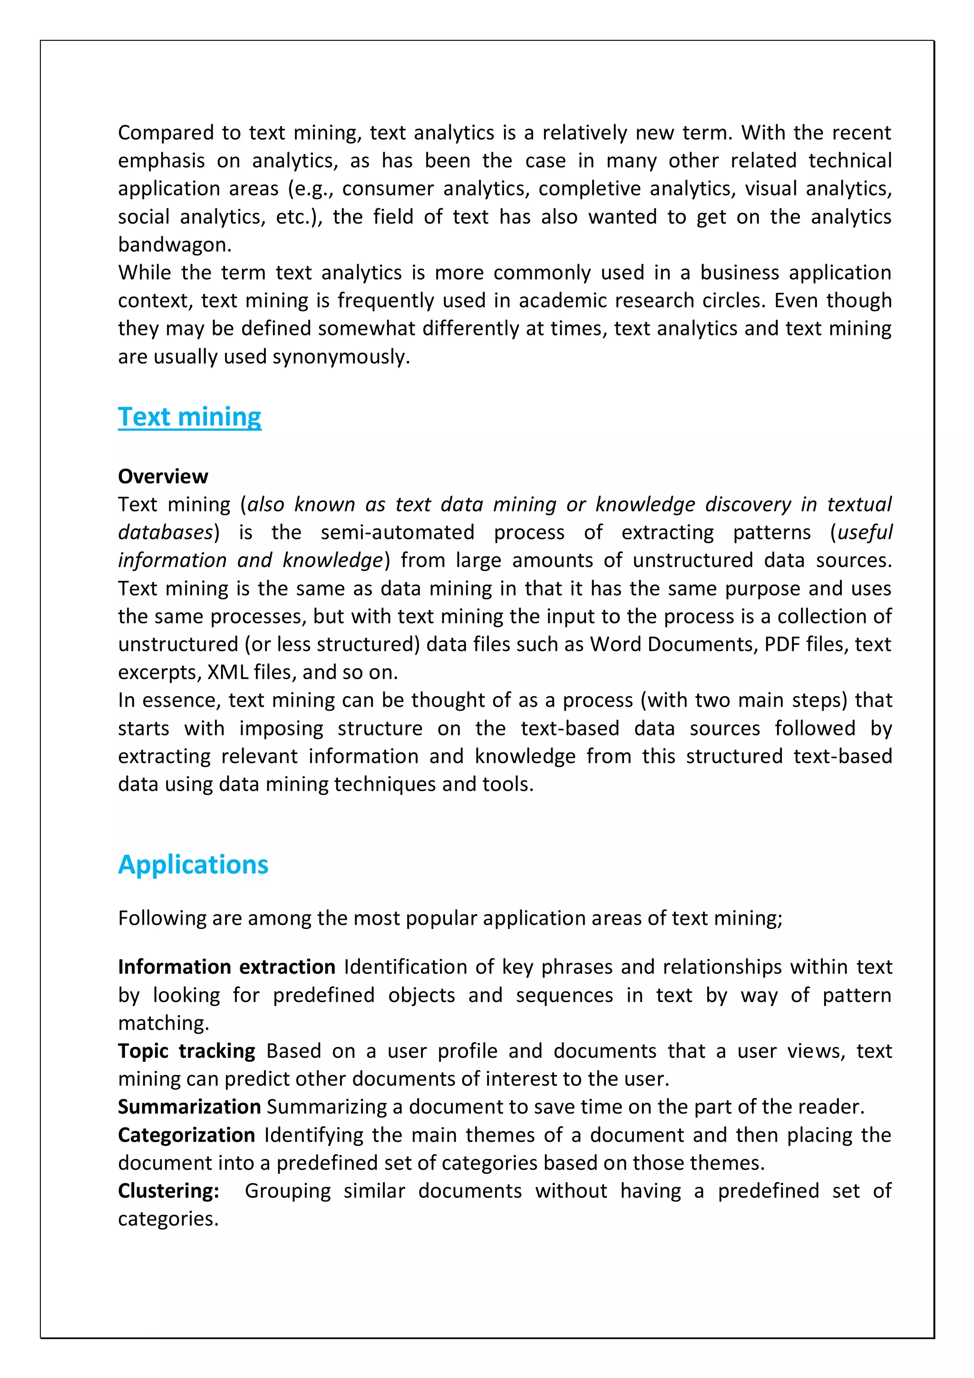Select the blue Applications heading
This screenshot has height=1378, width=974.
pos(193,865)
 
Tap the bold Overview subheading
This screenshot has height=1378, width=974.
pos(163,477)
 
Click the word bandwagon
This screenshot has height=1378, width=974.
pos(174,245)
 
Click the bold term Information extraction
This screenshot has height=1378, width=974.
pos(226,967)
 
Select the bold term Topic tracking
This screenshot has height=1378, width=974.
pos(186,1051)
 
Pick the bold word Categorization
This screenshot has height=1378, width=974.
pos(186,1135)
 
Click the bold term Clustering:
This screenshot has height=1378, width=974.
pos(169,1191)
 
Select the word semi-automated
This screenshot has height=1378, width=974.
pos(397,532)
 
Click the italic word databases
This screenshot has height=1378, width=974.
pos(166,532)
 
